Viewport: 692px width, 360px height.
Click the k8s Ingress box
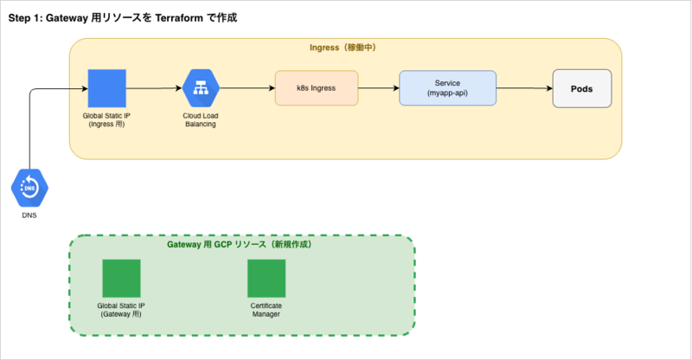pos(317,88)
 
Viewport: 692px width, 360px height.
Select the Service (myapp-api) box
pos(447,88)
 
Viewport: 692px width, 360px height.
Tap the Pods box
pos(582,88)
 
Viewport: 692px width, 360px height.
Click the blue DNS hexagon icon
pos(29,188)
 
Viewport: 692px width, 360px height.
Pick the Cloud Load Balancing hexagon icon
pos(201,88)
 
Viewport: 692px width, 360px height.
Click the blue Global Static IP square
pos(106,88)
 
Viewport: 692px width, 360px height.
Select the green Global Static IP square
pos(121,279)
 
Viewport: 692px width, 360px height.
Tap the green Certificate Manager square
pos(266,279)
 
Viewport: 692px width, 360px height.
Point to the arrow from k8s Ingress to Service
pos(379,88)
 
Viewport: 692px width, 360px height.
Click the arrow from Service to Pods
pos(524,88)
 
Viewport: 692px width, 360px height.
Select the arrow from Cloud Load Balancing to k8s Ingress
pos(247,88)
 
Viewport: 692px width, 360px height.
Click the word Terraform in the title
pos(179,17)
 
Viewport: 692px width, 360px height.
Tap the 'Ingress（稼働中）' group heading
pos(343,48)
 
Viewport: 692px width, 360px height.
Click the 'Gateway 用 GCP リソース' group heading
pos(216,244)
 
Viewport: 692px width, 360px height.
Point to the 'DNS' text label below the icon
pos(29,215)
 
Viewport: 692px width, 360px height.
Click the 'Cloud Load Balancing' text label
pos(201,119)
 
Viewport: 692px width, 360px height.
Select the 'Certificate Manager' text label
pos(266,310)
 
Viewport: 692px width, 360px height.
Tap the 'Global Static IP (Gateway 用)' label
pos(121,310)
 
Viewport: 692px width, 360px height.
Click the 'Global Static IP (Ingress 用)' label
pos(106,119)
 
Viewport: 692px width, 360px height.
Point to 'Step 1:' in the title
pos(26,18)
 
